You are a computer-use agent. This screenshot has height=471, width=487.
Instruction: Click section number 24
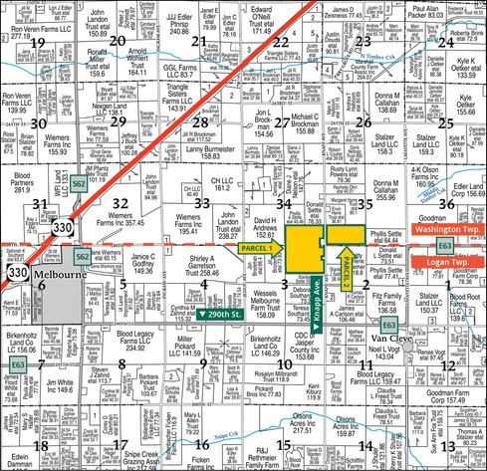point(445,42)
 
